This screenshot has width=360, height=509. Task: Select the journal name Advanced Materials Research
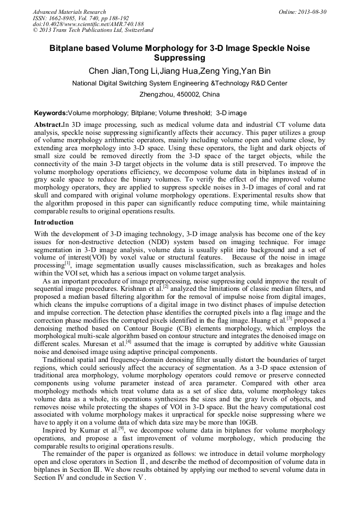[x=69, y=11]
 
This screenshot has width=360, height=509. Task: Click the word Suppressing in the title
[x=179, y=58]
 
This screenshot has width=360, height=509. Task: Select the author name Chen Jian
[x=105, y=71]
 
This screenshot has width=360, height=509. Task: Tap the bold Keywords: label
[x=50, y=113]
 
